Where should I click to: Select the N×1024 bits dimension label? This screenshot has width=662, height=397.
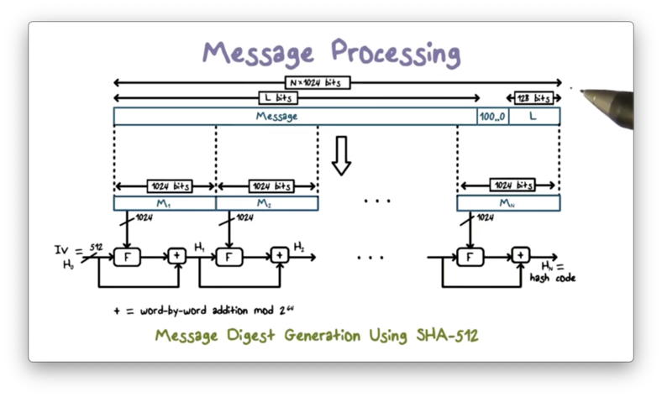coord(318,82)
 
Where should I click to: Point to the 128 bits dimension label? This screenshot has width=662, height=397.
coord(533,98)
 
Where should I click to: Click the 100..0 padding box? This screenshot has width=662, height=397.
coord(491,117)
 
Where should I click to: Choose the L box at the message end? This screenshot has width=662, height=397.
coord(533,117)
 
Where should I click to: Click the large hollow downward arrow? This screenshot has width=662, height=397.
coord(340,156)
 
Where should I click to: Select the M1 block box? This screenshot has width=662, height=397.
coord(165,203)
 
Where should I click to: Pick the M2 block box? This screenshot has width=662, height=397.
coord(267,203)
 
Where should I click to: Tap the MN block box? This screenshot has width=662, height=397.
coord(508,203)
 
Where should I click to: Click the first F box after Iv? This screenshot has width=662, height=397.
coord(127,256)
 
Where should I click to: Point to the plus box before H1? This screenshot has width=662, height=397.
coord(177,256)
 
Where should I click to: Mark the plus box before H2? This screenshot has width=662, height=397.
coord(279,256)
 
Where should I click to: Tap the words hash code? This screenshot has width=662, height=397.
coord(552,278)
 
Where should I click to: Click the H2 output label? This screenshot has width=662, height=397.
coord(299,246)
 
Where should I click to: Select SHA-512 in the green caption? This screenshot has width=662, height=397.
coord(447,336)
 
